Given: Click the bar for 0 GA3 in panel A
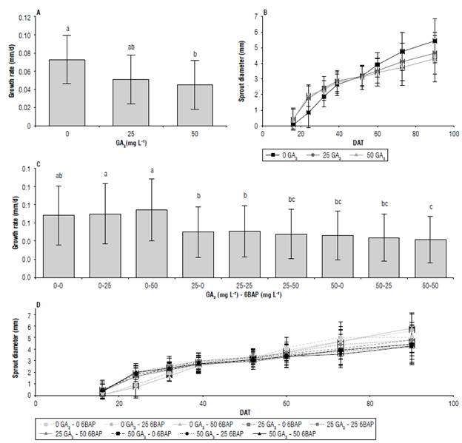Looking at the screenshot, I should point(67,92).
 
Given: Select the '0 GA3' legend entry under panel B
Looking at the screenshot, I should point(285,156).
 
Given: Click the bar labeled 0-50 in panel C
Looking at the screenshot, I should point(152,234).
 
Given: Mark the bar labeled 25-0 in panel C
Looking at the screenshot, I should point(198,245).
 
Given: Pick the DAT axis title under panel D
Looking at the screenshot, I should point(244,412).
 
